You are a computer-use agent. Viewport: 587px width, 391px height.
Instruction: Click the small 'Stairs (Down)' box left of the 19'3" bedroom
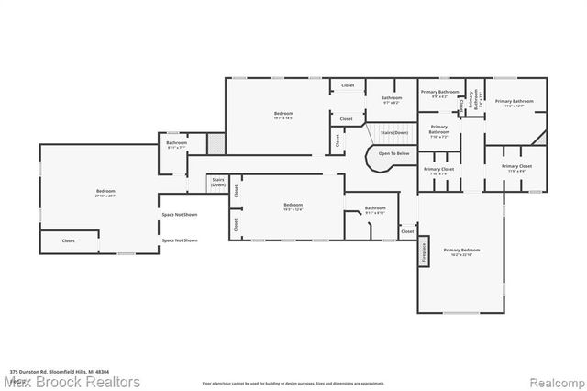pos(217,182)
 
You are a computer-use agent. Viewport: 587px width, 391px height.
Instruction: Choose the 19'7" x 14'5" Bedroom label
pos(283,116)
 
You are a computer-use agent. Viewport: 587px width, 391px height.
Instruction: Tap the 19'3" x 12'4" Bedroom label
pos(293,206)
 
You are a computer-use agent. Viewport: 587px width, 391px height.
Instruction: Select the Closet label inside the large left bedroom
pos(68,240)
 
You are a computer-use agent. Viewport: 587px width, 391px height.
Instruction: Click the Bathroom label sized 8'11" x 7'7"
pos(176,145)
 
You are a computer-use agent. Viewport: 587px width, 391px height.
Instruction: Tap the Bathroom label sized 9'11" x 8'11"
pos(375,209)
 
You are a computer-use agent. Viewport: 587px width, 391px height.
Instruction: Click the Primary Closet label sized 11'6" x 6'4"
pos(516,167)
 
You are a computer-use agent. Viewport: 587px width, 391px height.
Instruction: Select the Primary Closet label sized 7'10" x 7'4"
pos(438,171)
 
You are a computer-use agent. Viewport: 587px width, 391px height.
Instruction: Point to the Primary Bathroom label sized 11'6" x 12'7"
pos(515,103)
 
